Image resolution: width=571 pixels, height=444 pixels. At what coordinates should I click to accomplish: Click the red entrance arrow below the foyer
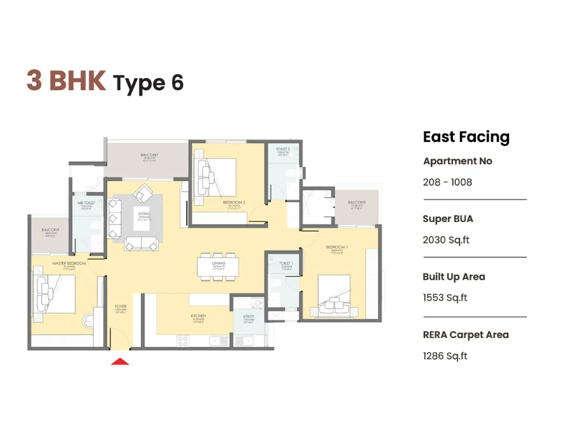pos(120,362)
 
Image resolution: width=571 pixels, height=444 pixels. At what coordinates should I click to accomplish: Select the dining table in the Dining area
pos(219,266)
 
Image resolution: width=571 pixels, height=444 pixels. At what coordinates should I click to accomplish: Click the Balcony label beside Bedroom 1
pos(357,204)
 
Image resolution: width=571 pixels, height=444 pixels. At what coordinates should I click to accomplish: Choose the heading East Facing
pos(466,137)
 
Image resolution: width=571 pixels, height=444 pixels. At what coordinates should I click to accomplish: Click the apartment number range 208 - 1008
pos(447,183)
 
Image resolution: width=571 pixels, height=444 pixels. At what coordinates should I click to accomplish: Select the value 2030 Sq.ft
pos(446,240)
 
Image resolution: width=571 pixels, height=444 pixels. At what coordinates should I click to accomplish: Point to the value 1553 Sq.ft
pos(445,298)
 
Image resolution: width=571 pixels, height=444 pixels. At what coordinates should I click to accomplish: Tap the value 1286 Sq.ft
pos(445,356)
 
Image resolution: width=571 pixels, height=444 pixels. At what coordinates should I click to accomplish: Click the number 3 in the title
pos(34,81)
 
